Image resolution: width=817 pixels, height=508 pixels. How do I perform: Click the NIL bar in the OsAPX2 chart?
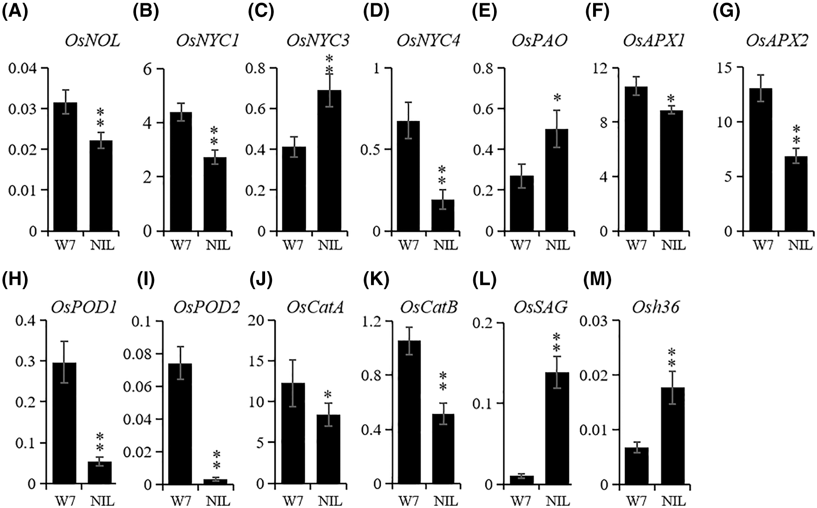coord(795,194)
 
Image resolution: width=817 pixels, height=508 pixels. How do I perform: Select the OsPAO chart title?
coord(539,41)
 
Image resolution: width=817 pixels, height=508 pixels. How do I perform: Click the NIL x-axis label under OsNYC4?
coord(445,244)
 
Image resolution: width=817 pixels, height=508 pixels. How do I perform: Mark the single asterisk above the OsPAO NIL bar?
coord(557,98)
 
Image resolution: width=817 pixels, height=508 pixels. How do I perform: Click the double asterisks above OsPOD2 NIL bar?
coord(214,459)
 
